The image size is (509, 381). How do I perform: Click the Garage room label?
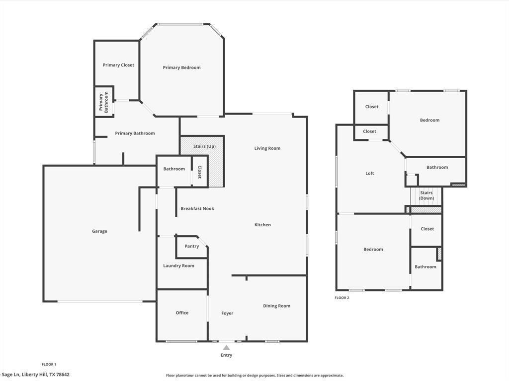99,231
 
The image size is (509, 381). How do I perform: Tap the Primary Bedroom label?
181,67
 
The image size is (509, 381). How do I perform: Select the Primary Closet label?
118,65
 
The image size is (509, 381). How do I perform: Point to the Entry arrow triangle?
226,348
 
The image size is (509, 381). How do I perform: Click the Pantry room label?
191,246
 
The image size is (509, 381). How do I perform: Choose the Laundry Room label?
178,266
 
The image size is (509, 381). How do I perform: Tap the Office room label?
182,313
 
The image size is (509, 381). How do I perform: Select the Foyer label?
227,313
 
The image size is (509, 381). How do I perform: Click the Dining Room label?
276,306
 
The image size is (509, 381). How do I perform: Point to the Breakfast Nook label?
197,208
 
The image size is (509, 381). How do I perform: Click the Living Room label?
267,148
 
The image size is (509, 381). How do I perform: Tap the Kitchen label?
262,225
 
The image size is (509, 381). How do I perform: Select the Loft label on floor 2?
370,174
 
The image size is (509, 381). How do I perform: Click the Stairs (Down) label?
426,195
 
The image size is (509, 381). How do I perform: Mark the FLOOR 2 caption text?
342,298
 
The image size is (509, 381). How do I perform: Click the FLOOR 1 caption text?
49,364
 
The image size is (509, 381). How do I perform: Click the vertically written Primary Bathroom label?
103,102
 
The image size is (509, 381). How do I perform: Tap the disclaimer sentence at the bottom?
254,376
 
